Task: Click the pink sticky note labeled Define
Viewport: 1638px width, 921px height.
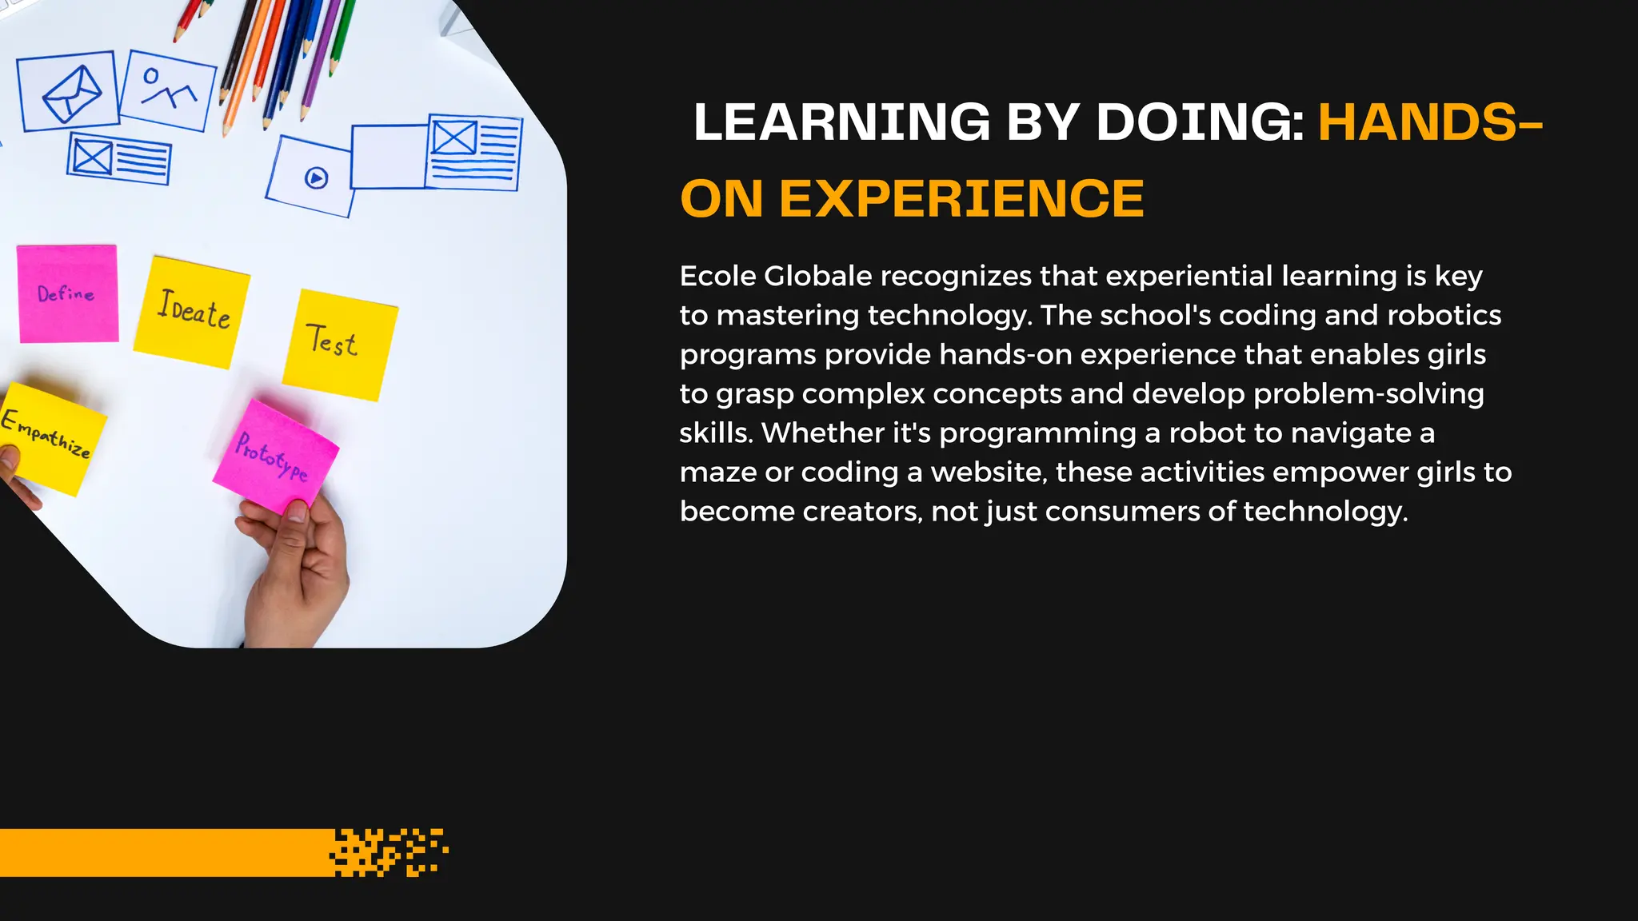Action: point(68,293)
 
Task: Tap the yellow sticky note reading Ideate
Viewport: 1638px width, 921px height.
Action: point(192,312)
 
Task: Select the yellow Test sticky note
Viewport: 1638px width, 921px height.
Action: point(339,344)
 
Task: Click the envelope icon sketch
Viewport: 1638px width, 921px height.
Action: point(70,93)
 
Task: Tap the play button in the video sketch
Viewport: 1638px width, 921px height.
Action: point(317,177)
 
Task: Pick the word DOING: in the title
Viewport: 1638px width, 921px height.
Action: point(1201,123)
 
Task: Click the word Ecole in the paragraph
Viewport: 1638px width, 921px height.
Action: point(717,277)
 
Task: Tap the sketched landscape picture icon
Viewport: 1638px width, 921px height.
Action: point(168,90)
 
